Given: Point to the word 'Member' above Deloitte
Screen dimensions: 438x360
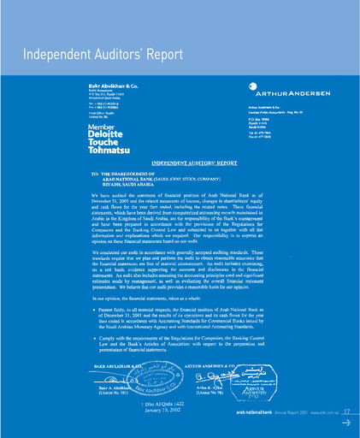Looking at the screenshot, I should [101, 127].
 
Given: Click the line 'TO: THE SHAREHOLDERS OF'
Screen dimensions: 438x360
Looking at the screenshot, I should [133, 173].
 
